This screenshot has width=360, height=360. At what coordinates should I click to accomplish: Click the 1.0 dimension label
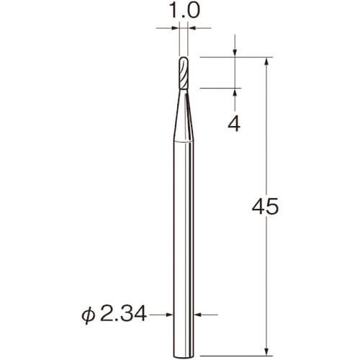[184, 11]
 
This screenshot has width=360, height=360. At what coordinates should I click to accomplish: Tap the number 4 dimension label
[234, 125]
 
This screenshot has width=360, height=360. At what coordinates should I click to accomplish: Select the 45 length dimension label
[265, 207]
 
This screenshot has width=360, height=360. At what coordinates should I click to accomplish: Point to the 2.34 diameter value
[123, 314]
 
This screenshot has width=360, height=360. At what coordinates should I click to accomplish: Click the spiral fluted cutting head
[184, 73]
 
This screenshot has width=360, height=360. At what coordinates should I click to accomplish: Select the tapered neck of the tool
[184, 116]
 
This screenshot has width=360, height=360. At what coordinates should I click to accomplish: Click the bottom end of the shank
[184, 355]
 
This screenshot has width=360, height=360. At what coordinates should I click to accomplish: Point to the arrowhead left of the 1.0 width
[176, 28]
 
